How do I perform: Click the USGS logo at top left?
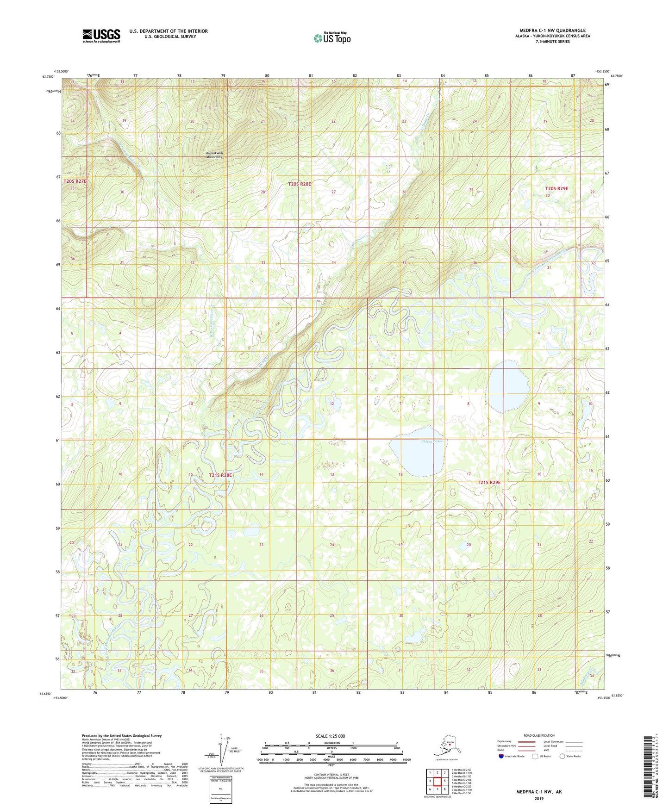[101, 36]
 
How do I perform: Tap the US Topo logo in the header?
[331, 38]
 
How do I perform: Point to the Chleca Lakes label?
[432, 441]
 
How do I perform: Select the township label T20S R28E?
[300, 184]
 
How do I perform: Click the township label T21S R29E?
[489, 482]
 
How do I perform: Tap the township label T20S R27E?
[75, 181]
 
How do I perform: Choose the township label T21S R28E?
[220, 475]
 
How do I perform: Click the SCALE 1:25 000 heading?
[330, 736]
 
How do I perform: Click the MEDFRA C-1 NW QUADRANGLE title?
[549, 31]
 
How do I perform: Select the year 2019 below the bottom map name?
[539, 798]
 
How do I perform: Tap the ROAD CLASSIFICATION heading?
[539, 735]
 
